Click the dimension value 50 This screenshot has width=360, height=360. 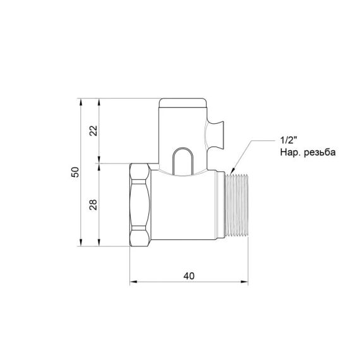point(75,172)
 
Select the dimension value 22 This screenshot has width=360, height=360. point(93,131)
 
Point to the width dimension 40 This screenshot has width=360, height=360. point(188,276)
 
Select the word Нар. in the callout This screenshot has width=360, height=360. point(284,153)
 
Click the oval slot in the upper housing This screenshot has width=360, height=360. point(180,159)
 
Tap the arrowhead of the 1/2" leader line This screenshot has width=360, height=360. point(233,171)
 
